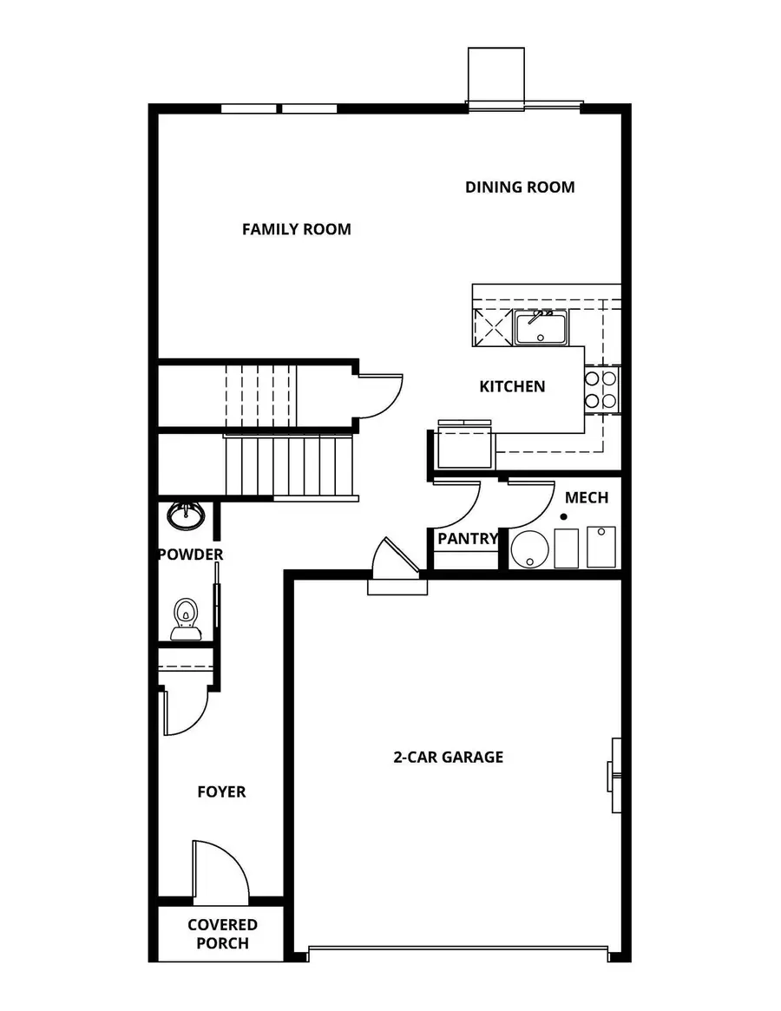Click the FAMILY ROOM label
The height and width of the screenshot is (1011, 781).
[x=296, y=229]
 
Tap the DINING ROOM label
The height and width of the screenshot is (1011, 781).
[x=519, y=187]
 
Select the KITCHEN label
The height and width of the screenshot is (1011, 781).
[x=512, y=386]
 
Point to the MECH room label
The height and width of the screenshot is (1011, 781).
[x=587, y=497]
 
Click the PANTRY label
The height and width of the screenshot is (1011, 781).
[x=468, y=538]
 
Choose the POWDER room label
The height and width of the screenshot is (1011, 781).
[x=190, y=554]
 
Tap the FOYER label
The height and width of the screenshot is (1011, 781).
[x=221, y=791]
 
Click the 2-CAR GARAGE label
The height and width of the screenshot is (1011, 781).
[x=448, y=757]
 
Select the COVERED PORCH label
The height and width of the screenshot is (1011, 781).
[x=222, y=934]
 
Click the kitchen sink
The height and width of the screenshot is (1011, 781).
[x=540, y=328]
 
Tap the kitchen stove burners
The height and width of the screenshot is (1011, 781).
[x=601, y=389]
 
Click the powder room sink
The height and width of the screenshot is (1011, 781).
[x=186, y=515]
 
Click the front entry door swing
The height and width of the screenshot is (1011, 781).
[x=219, y=870]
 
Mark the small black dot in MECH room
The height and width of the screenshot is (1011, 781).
[x=563, y=517]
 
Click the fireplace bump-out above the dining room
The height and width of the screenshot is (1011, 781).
[x=496, y=76]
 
